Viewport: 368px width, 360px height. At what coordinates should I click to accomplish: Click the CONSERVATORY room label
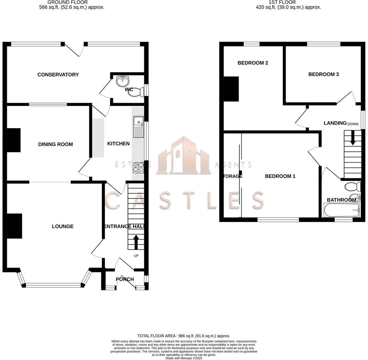[58, 75]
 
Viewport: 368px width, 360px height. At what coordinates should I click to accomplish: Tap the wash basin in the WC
[122, 81]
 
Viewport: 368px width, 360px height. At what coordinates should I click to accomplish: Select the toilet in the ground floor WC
[136, 92]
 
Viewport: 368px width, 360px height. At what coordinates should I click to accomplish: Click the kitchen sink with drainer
[139, 127]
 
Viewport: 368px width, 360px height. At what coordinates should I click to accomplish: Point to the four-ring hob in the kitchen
[138, 167]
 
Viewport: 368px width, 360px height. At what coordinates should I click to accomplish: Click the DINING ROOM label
[55, 144]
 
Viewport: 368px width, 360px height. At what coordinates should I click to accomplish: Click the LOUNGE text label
[62, 226]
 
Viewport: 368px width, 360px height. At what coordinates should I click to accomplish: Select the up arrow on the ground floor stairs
[136, 242]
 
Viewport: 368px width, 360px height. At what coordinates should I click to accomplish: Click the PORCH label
[125, 279]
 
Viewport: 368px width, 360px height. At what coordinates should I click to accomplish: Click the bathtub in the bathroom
[342, 210]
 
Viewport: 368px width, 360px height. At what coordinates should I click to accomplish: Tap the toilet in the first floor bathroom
[353, 187]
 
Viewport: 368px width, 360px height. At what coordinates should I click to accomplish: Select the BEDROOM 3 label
[323, 74]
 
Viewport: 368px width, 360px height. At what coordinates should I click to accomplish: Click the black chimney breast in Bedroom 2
[231, 89]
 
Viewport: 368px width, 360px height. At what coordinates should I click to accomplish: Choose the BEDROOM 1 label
[280, 176]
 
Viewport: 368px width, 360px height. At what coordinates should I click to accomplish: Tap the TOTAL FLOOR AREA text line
[184, 336]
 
